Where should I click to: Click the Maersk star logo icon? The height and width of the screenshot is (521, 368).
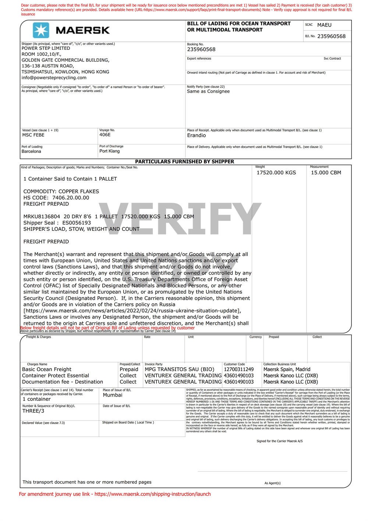point(41,30)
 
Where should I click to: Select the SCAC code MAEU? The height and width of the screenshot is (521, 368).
point(324,25)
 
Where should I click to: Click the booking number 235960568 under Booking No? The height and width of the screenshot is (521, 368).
point(201,49)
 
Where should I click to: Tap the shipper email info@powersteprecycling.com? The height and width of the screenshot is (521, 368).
point(54,78)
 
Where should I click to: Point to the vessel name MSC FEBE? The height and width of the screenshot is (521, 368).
point(33,135)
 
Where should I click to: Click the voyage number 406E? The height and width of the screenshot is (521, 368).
point(105,135)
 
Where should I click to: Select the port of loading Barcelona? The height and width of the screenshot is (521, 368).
point(31,151)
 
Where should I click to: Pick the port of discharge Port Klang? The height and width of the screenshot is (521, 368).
point(109,151)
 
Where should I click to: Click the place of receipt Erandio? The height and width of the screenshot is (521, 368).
point(196,135)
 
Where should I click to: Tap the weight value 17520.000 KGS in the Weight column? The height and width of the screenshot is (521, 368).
point(276,172)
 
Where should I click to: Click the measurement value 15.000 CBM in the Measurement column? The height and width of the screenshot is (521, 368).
point(326,172)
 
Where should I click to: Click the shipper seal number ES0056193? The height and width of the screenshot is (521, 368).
point(77,223)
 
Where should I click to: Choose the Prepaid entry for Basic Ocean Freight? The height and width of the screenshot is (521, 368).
point(129,369)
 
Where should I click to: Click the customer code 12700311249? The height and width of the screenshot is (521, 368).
point(238,369)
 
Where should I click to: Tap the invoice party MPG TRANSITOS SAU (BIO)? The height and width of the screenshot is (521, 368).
point(179,369)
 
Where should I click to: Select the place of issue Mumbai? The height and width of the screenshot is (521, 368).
point(113,395)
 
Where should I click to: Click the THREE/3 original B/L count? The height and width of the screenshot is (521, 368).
point(33,411)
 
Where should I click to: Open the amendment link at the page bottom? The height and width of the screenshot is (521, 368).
point(152,494)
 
